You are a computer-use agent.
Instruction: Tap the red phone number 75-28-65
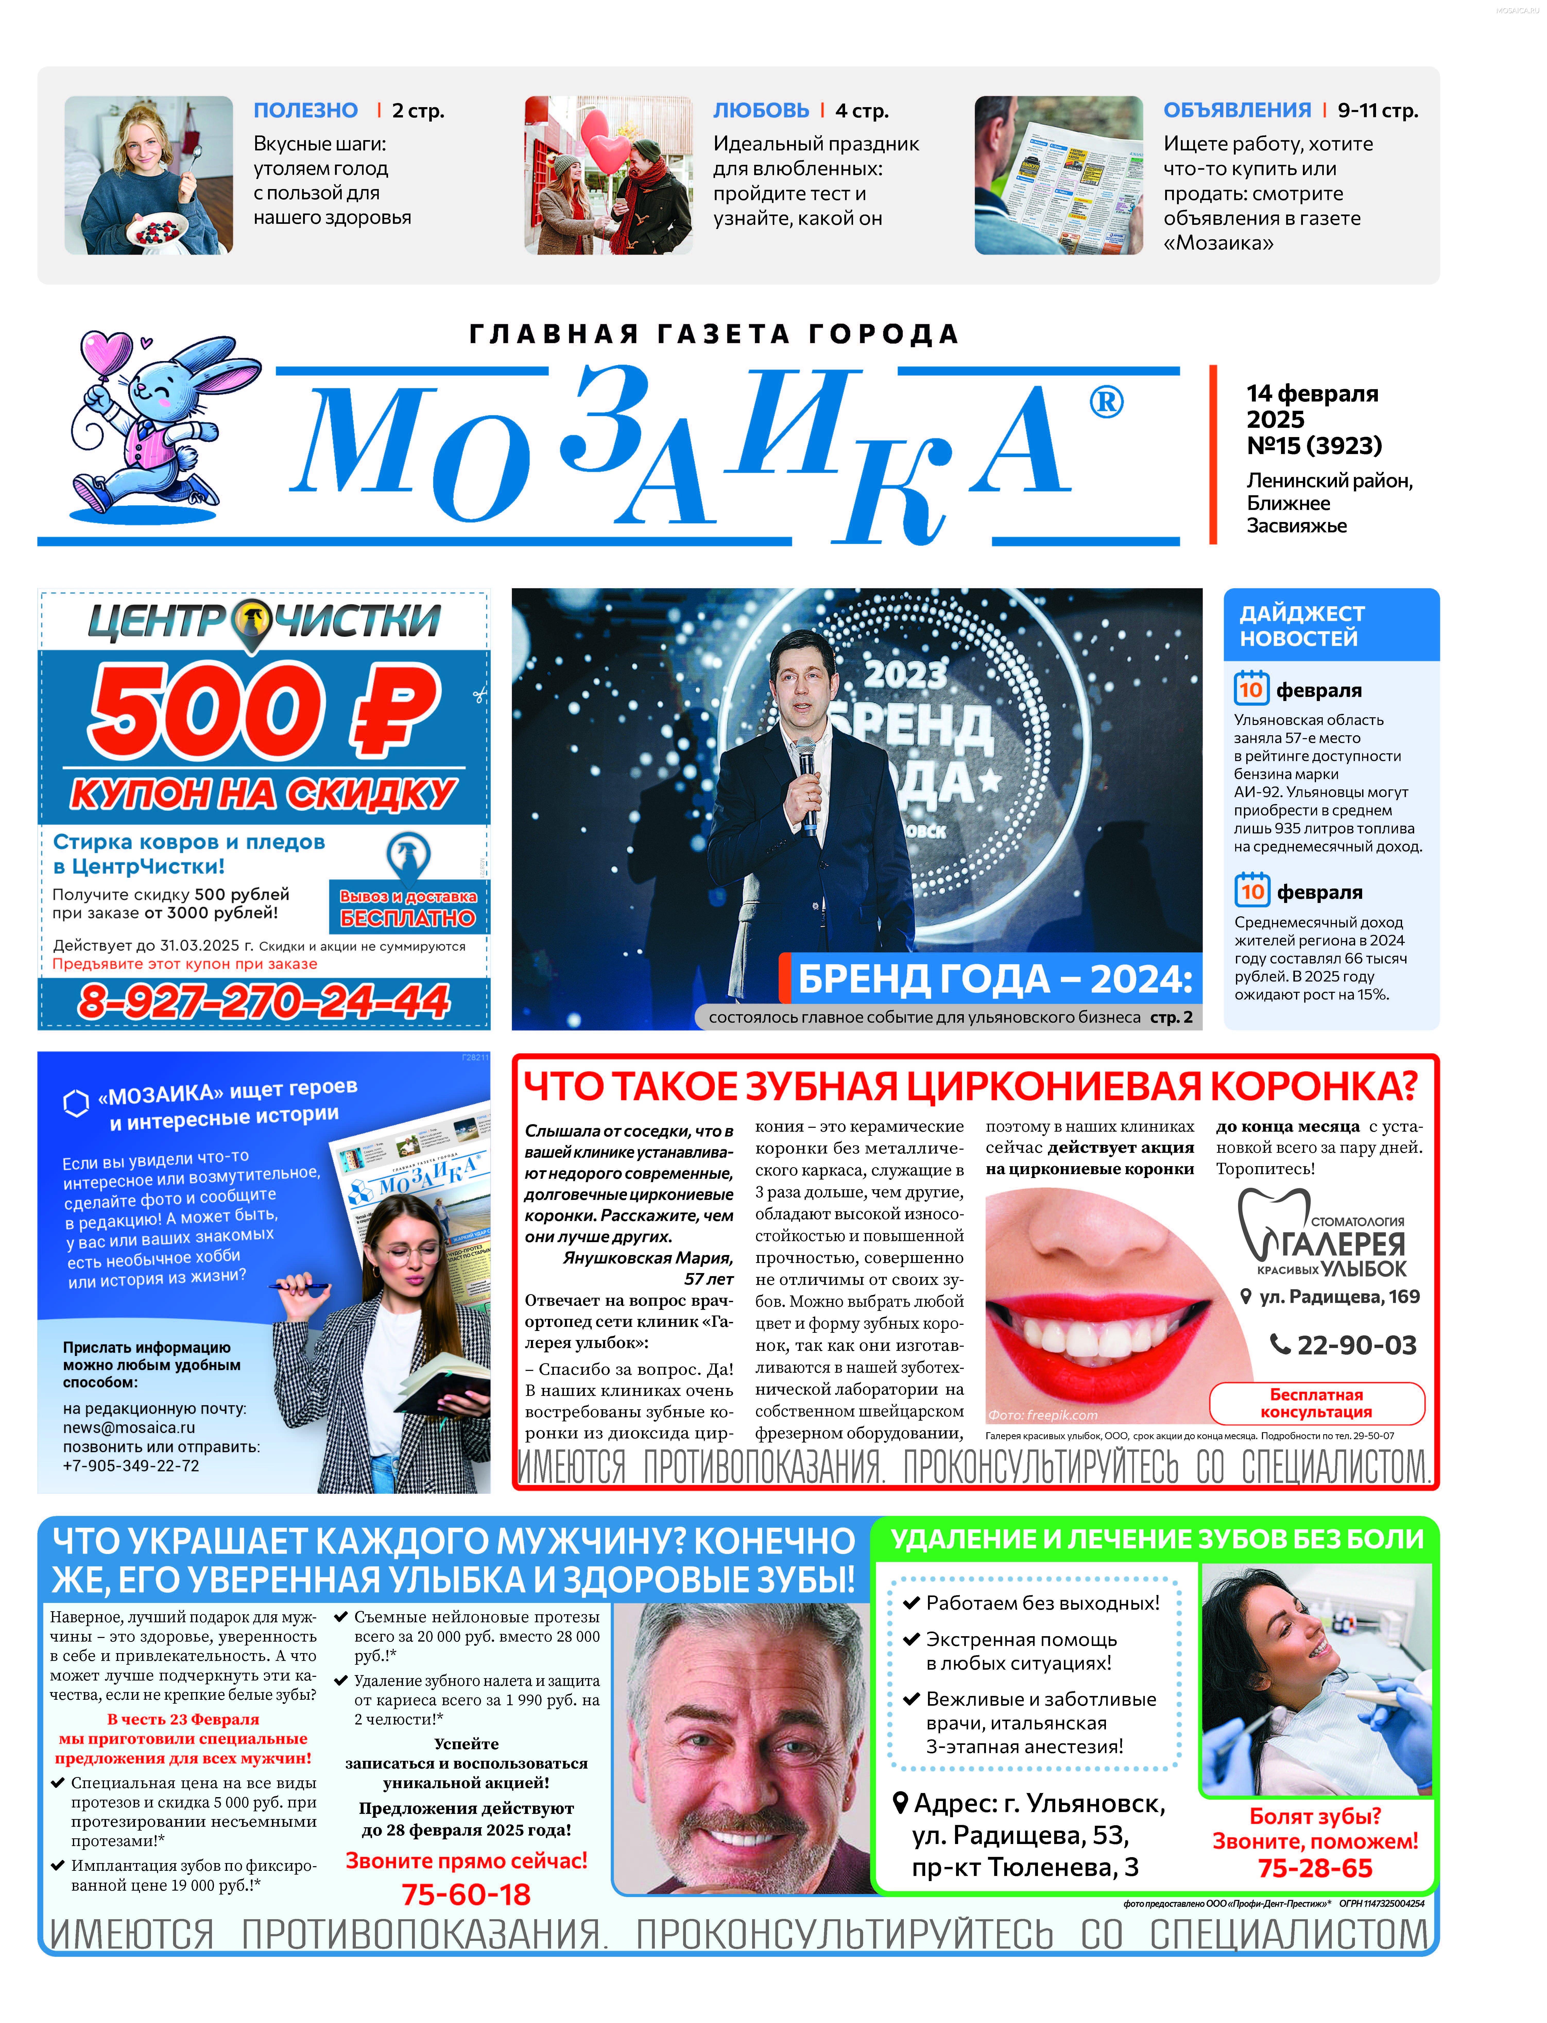pyautogui.click(x=1315, y=1868)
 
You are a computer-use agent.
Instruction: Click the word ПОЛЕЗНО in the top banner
pyautogui.click(x=306, y=110)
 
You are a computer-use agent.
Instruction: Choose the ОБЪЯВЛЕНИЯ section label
pyautogui.click(x=1237, y=110)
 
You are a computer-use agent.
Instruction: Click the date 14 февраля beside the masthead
pyautogui.click(x=1312, y=394)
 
